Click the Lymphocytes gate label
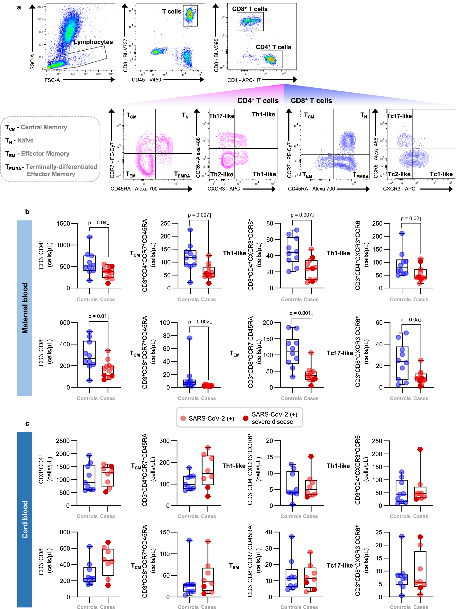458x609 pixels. point(93,42)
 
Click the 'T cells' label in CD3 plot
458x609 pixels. point(171,11)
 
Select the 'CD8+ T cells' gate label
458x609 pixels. point(250,9)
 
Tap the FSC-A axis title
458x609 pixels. point(52,80)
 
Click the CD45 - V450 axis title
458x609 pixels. point(146,80)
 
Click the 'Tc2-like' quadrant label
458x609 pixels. point(399,174)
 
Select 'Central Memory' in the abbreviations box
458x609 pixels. point(44,127)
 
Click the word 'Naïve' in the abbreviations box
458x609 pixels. point(25,140)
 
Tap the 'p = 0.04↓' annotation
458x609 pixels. point(98,222)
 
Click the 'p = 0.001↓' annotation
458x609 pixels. point(301,313)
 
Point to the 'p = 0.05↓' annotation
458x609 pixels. point(411,320)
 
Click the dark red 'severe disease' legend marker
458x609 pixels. point(245,418)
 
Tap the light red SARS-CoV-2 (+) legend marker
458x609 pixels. point(183,418)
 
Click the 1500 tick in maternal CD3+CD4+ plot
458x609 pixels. point(63,224)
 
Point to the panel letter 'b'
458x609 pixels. point(27,212)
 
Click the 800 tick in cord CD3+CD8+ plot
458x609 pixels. point(65,532)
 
